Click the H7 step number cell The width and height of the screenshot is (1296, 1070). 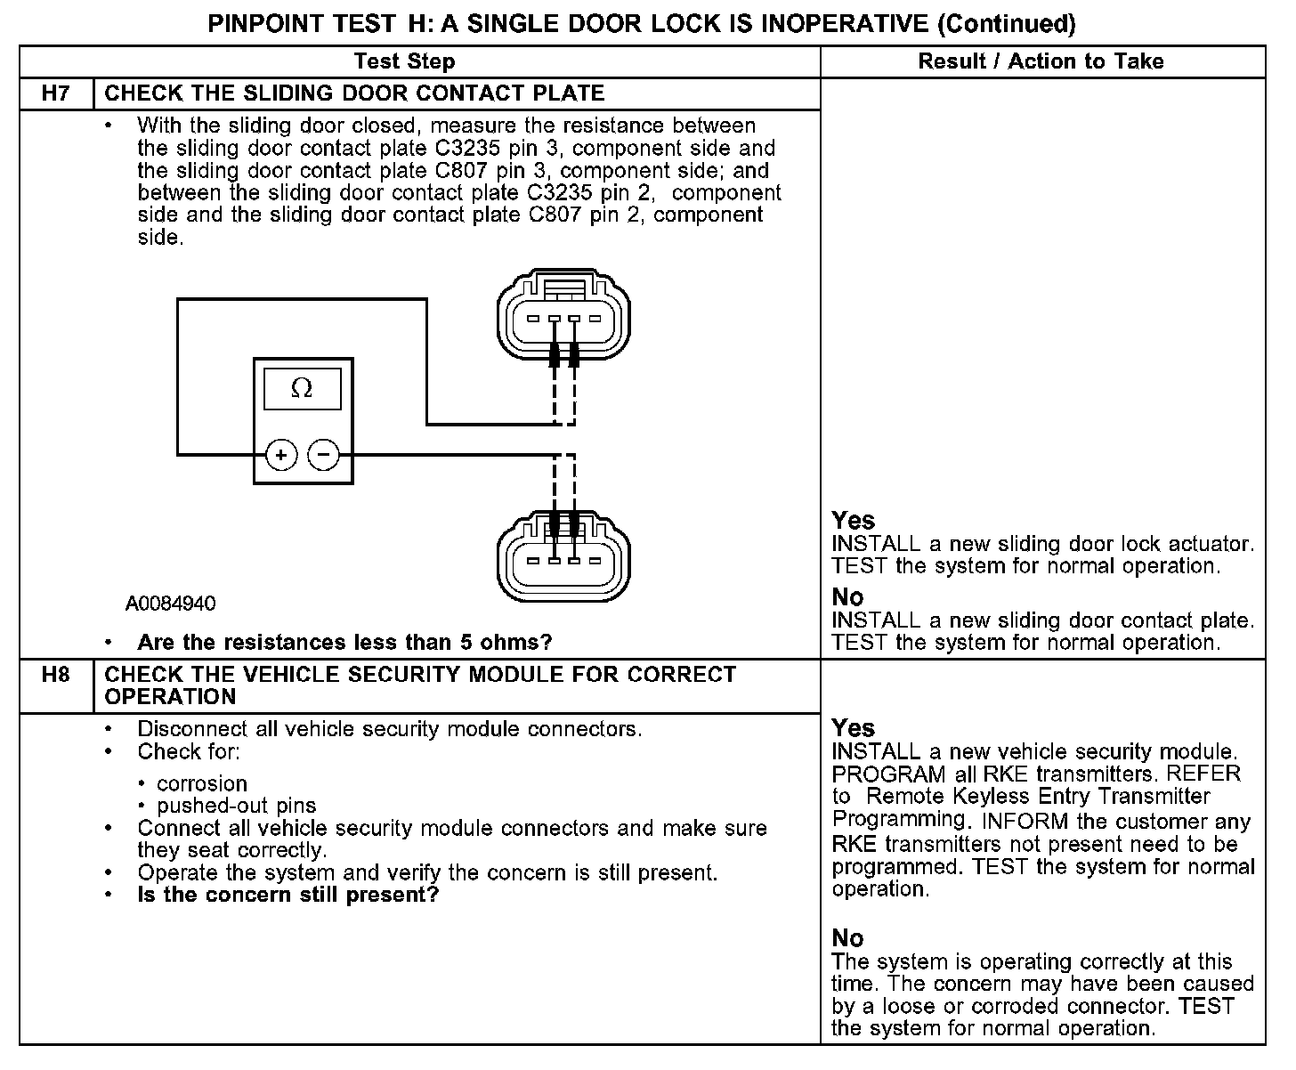[x=56, y=93]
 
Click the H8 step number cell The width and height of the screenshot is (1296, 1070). [x=56, y=675]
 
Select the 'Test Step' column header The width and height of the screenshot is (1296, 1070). [x=404, y=61]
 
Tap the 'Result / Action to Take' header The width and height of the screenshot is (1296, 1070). [x=1041, y=61]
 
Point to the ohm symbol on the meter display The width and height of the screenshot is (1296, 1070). [x=302, y=389]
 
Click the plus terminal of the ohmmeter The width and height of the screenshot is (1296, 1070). [x=281, y=455]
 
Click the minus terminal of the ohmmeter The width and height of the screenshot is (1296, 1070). [x=323, y=455]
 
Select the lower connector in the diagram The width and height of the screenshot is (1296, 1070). [x=563, y=556]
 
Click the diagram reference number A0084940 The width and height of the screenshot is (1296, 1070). [x=170, y=604]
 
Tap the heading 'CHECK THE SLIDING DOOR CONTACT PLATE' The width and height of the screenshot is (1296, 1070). [x=354, y=93]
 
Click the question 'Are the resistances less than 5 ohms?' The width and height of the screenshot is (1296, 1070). [x=344, y=642]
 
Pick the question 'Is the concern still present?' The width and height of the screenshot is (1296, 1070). [x=288, y=895]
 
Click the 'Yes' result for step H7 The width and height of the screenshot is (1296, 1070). [x=853, y=521]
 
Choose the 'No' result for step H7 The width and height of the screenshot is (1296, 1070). [x=847, y=597]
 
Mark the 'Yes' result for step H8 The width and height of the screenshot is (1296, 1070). [x=853, y=728]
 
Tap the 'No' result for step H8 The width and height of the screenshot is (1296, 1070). [x=847, y=938]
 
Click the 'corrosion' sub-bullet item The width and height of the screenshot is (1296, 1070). [x=201, y=784]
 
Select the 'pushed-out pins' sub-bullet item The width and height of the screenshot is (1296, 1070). [x=236, y=807]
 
